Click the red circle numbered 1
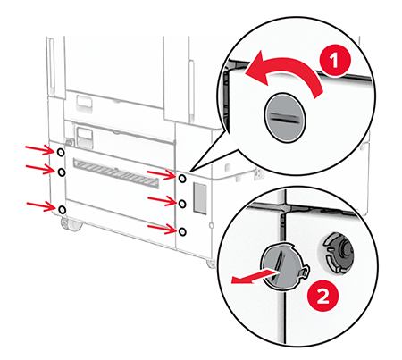pyautogui.click(x=335, y=61)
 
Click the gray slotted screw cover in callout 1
pyautogui.click(x=286, y=118)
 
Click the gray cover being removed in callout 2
pyautogui.click(x=284, y=266)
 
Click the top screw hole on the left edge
pyautogui.click(x=61, y=153)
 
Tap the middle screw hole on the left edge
pyautogui.click(x=61, y=172)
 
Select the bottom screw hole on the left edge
pyautogui.click(x=62, y=209)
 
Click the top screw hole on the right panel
pyautogui.click(x=182, y=179)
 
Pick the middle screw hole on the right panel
pyautogui.click(x=182, y=204)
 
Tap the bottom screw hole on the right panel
pyautogui.click(x=182, y=231)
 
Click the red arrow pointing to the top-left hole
pyautogui.click(x=39, y=150)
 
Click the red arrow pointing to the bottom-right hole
pyautogui.click(x=162, y=229)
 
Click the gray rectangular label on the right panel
pyautogui.click(x=200, y=198)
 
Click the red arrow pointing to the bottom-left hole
pyautogui.click(x=40, y=206)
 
